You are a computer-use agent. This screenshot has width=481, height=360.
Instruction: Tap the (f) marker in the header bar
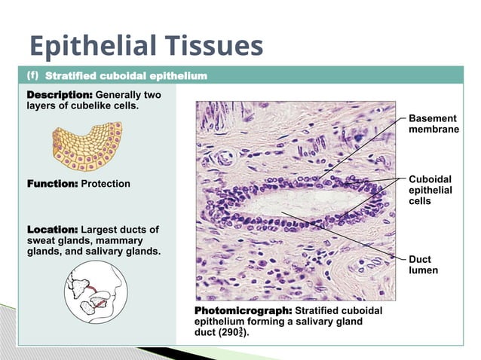(x=33, y=75)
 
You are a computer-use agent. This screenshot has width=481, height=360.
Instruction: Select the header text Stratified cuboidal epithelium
(x=126, y=76)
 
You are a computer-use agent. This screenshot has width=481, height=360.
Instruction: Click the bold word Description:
(x=60, y=95)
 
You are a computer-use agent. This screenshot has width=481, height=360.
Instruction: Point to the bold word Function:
(x=52, y=184)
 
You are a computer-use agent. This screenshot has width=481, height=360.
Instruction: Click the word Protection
(x=106, y=184)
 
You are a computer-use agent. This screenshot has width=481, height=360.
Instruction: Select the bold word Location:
(x=52, y=229)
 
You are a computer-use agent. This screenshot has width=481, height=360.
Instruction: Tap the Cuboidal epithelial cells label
(x=430, y=191)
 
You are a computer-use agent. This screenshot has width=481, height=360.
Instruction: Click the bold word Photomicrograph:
(x=244, y=310)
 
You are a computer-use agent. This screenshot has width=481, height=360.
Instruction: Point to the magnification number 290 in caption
(x=228, y=332)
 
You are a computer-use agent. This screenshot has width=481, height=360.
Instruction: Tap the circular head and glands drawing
(x=94, y=290)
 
